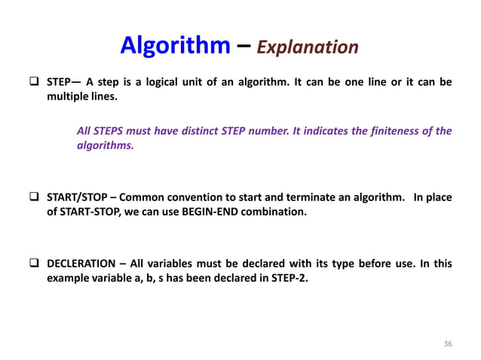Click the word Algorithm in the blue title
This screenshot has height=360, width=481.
175,46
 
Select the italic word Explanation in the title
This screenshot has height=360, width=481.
308,47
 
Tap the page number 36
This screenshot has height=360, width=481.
448,343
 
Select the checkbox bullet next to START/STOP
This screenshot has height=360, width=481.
35,197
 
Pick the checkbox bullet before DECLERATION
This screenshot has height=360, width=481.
35,264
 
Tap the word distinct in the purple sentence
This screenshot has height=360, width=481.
198,131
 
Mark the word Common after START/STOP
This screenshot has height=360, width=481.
140,197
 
